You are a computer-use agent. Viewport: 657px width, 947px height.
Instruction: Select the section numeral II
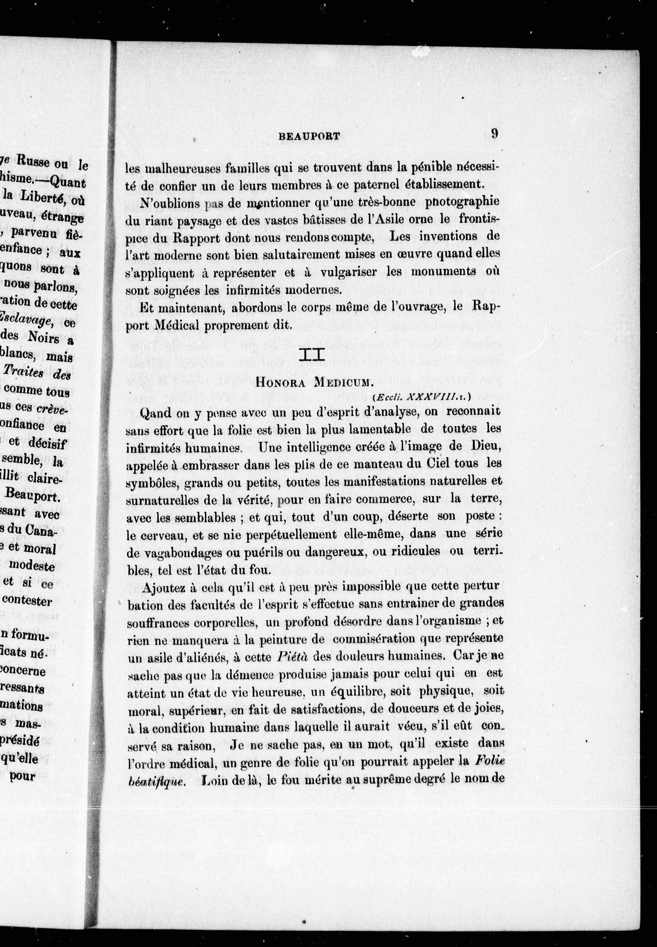(x=313, y=355)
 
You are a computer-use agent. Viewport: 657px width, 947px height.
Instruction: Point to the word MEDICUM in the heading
(x=344, y=382)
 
